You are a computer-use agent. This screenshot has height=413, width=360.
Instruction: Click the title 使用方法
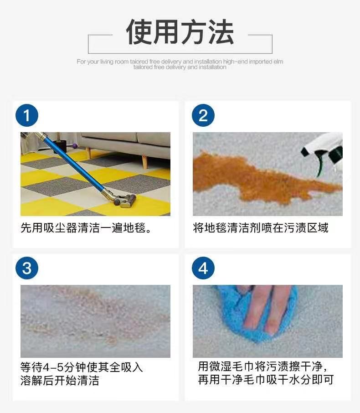tap(180, 32)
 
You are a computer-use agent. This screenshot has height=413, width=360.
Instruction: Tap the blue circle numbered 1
tap(27, 116)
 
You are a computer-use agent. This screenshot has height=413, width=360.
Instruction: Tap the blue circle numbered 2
tap(203, 116)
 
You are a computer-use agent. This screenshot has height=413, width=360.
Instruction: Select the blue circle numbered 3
tap(27, 268)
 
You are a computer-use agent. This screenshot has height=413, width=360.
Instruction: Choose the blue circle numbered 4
tap(203, 268)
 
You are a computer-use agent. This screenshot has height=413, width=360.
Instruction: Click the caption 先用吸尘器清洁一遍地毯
tap(86, 228)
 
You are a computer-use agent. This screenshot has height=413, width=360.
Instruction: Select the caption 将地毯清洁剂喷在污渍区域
tap(260, 228)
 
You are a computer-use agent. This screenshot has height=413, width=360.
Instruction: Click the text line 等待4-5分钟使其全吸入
tap(82, 367)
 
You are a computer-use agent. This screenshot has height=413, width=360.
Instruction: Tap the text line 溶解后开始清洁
tap(60, 381)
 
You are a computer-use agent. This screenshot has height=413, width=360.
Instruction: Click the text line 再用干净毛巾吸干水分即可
tap(266, 380)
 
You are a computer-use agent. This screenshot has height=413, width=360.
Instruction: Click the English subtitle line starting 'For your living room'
tap(180, 62)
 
